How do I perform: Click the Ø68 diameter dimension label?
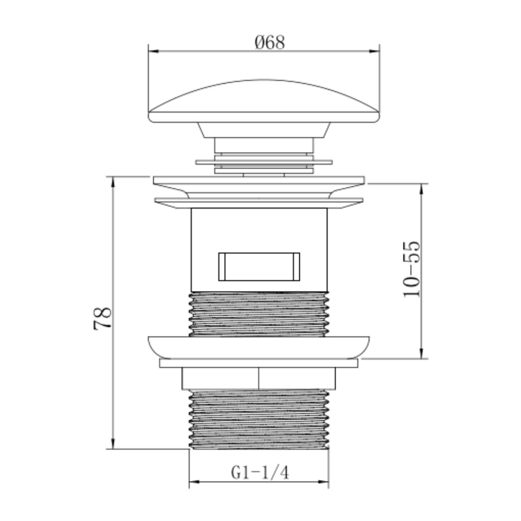[270, 43]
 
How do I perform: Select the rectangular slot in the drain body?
[260, 266]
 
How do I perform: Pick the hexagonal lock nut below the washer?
[259, 378]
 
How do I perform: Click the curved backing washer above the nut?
[259, 346]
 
